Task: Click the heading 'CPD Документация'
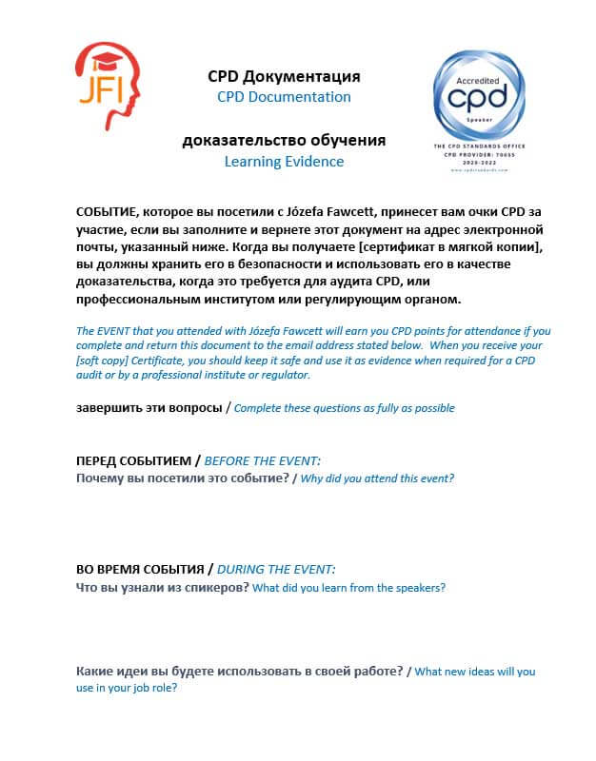[284, 76]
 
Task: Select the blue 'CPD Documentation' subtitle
[284, 97]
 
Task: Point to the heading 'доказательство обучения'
[284, 141]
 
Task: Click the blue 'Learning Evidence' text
[284, 162]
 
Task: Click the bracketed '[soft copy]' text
[104, 361]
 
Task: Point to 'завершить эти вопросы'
[149, 408]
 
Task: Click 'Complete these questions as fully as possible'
[344, 409]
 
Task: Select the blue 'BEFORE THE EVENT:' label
[256, 460]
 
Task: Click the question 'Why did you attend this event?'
[377, 478]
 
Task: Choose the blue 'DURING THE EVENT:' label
[276, 570]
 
